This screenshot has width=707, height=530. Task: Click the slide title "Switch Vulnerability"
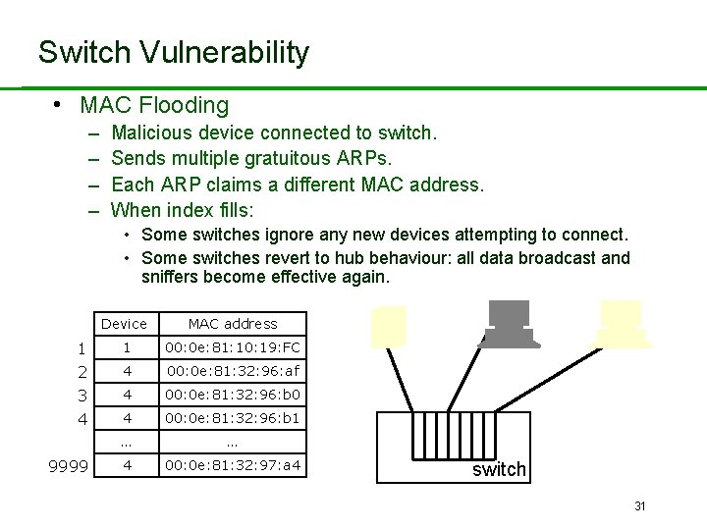[173, 52]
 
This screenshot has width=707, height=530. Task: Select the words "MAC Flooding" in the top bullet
[154, 105]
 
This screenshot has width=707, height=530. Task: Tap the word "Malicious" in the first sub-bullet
[152, 132]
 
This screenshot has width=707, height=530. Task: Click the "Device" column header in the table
[124, 324]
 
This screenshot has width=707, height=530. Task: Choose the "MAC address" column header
[233, 324]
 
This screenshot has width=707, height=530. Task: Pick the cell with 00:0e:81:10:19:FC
[233, 347]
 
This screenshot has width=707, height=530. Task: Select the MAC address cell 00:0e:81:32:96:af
[233, 371]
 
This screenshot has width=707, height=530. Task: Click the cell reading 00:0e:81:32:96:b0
[233, 395]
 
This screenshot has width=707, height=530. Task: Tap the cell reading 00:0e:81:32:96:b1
[233, 418]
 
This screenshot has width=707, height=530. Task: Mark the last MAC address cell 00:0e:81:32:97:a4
[233, 465]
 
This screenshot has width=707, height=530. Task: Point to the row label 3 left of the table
[82, 396]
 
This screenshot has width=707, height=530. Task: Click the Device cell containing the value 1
[126, 347]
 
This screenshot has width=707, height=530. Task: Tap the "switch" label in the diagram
[499, 470]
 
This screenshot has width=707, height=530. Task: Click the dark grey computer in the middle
[508, 323]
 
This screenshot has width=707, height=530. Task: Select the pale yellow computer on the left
[388, 327]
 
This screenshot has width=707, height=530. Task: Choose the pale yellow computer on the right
[623, 323]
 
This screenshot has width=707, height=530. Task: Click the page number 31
[639, 506]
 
